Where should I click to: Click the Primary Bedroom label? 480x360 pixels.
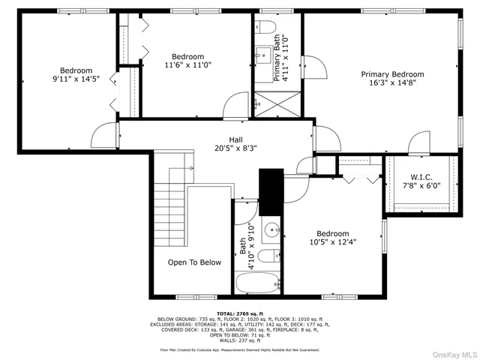(x=391, y=74)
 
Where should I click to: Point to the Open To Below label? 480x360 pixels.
(x=194, y=262)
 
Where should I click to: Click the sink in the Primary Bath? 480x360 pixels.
(x=263, y=55)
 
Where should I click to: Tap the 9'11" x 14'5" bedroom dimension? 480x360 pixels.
(x=76, y=79)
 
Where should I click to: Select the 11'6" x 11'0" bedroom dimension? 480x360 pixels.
(x=187, y=65)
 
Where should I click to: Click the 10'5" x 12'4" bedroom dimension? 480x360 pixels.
(x=331, y=242)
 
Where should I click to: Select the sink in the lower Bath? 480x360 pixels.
(x=271, y=229)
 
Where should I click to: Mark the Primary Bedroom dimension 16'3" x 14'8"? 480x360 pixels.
(x=391, y=84)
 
